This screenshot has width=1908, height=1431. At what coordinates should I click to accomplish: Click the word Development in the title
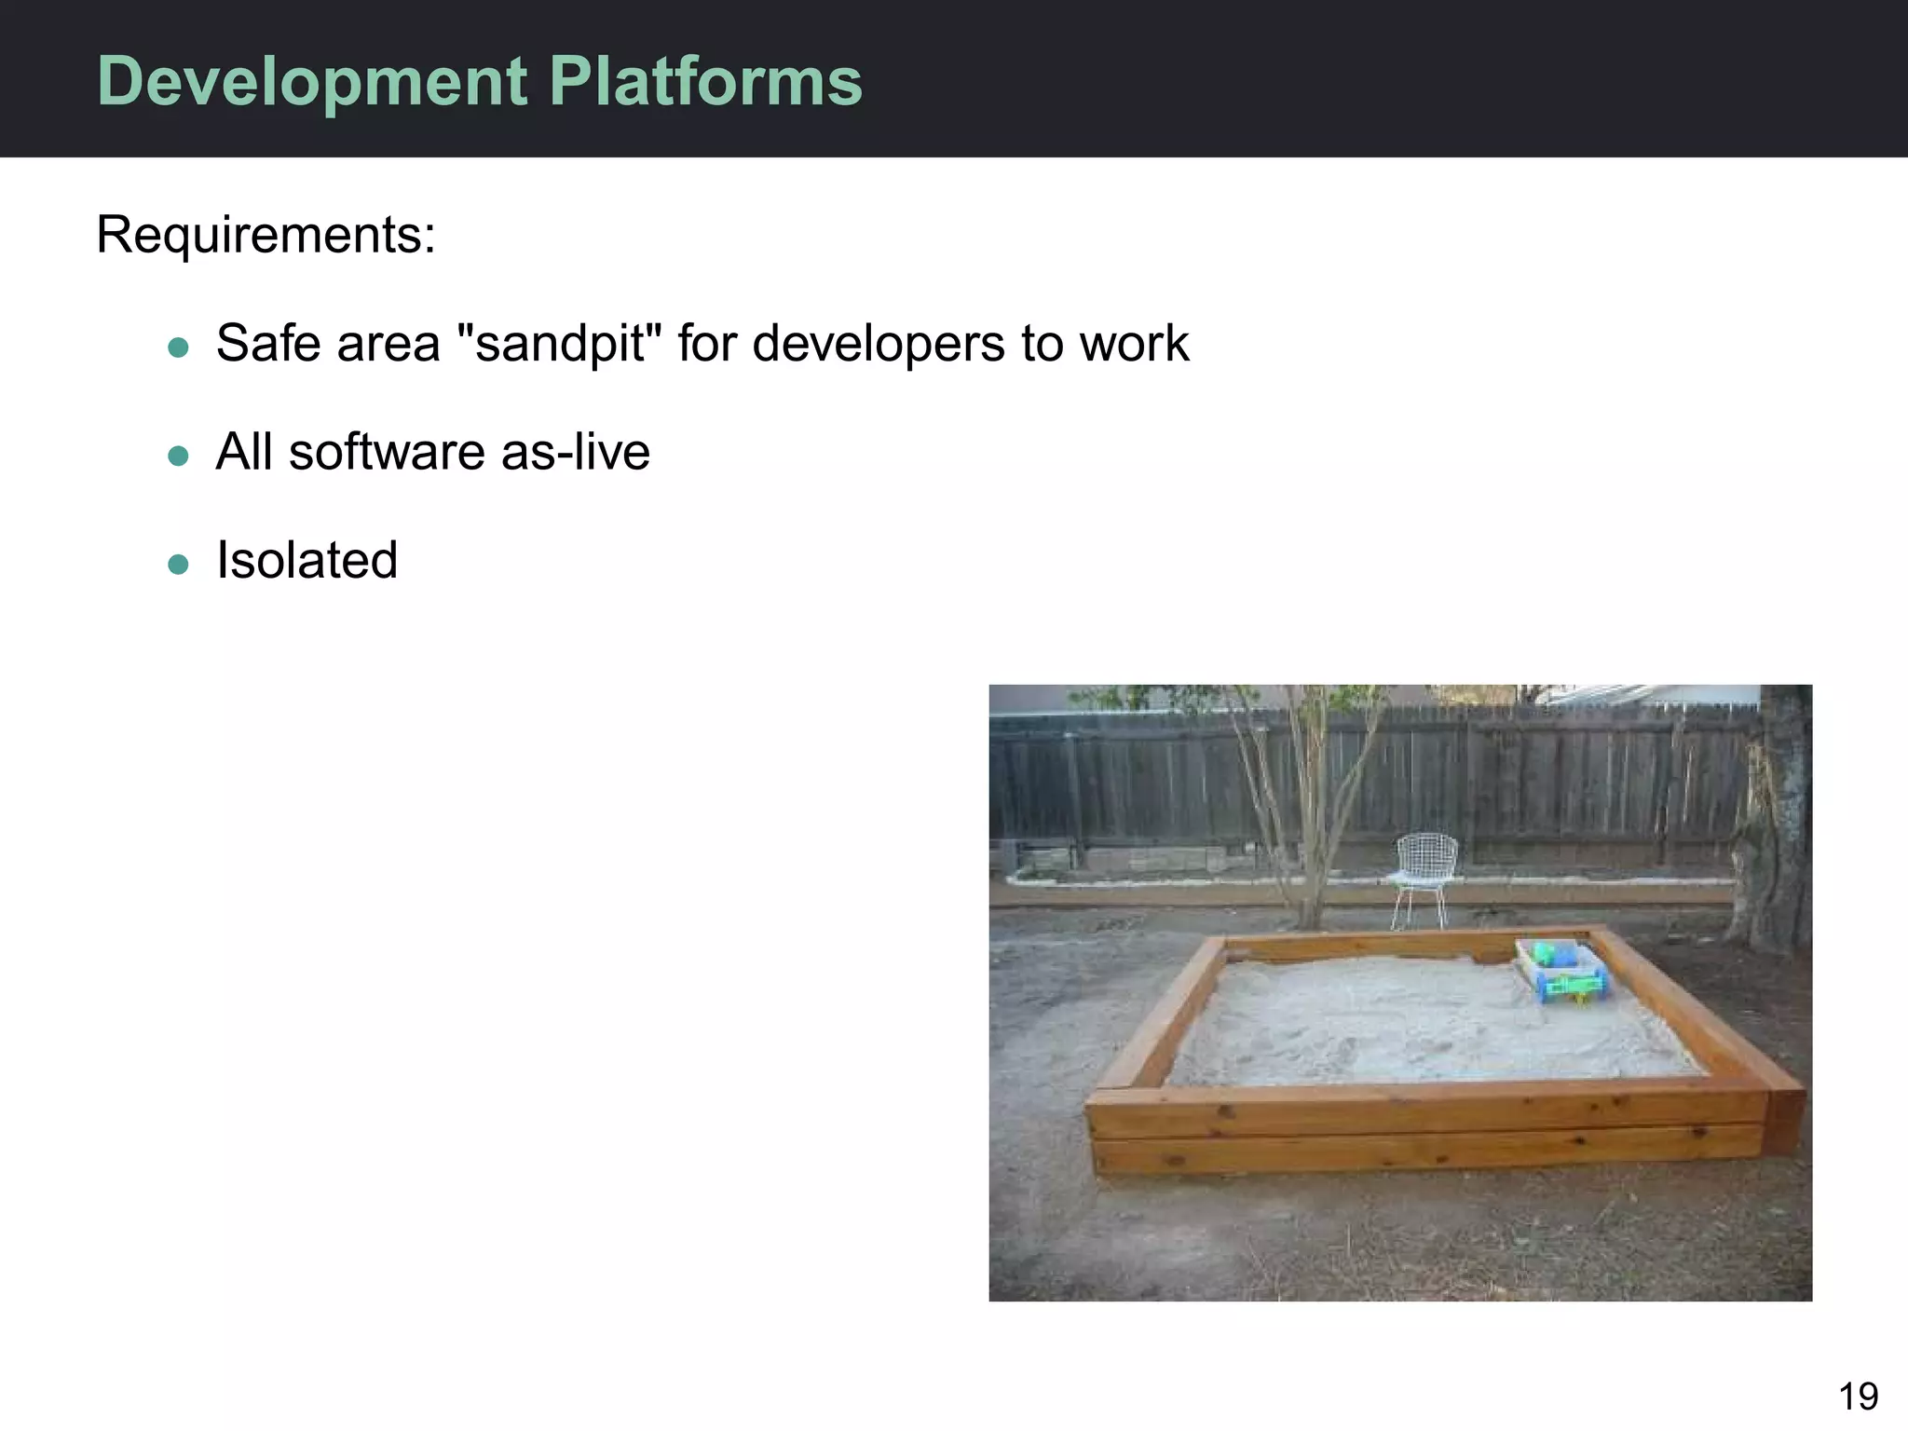click(x=313, y=82)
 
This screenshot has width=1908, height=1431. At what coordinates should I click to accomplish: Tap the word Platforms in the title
click(x=705, y=82)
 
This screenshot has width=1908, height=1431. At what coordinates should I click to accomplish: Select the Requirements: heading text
click(x=266, y=235)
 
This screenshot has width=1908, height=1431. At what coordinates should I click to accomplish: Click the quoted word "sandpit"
click(x=560, y=343)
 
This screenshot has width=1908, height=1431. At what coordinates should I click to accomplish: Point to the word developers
click(x=878, y=343)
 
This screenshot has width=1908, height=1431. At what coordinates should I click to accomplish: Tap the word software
click(x=386, y=453)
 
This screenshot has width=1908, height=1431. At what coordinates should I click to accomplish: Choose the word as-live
click(x=575, y=453)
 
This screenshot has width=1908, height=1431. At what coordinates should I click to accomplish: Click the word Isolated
click(x=307, y=561)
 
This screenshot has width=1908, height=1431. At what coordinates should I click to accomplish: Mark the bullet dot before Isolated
click(x=178, y=565)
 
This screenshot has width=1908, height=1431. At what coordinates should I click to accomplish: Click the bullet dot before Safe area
click(x=178, y=348)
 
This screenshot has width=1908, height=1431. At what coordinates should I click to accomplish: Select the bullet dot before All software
click(x=178, y=457)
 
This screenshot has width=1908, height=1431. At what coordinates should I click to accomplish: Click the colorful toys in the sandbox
click(x=1563, y=971)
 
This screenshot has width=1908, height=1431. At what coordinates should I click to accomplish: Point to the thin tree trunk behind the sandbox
click(x=1309, y=838)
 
